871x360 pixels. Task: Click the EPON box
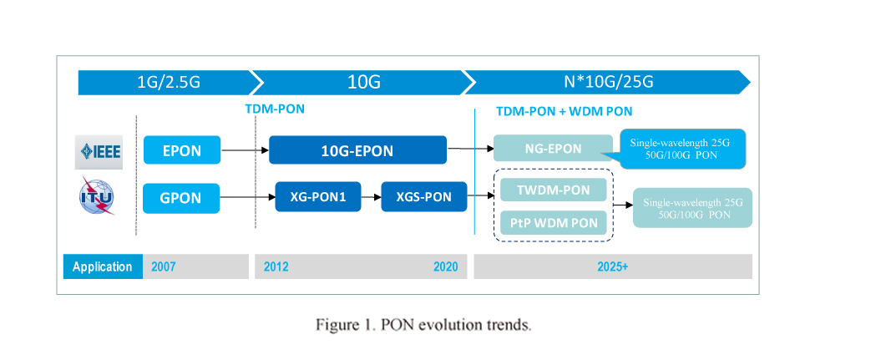click(x=182, y=150)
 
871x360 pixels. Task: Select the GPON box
click(x=182, y=198)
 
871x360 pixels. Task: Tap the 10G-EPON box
click(x=357, y=150)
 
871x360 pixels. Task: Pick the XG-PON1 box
click(x=318, y=196)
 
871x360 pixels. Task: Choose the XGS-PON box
click(x=424, y=196)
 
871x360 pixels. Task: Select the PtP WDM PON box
click(x=554, y=223)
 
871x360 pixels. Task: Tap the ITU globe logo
click(x=97, y=196)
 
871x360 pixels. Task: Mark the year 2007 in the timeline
click(x=164, y=266)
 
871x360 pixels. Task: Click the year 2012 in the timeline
click(x=276, y=266)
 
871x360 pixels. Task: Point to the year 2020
click(x=445, y=266)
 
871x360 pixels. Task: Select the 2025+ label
click(x=613, y=266)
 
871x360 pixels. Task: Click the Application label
click(x=103, y=266)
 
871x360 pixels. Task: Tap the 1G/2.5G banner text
click(x=169, y=83)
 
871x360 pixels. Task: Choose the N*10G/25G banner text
click(x=608, y=82)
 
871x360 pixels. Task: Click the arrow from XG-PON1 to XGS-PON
click(x=372, y=196)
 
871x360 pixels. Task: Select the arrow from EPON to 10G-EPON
click(x=245, y=150)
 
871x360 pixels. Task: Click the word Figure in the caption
click(x=335, y=325)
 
